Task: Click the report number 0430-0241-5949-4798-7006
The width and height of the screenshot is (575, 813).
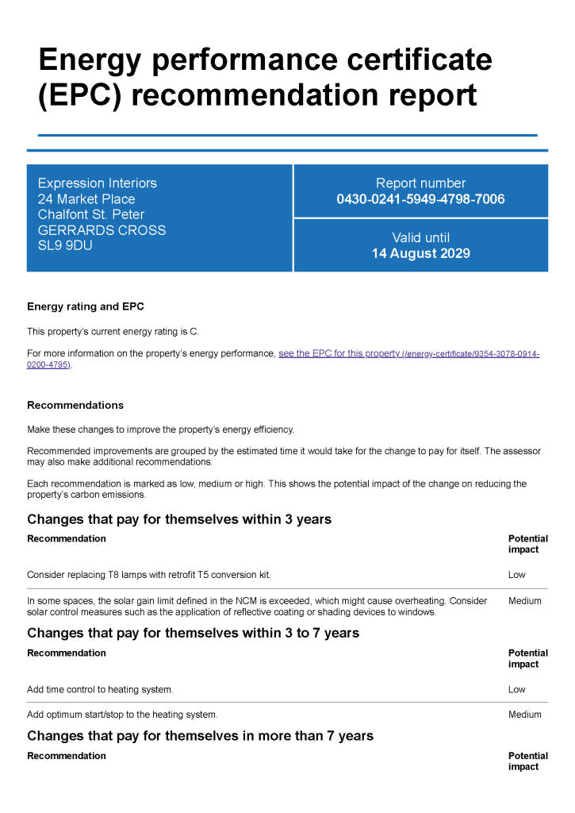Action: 420,199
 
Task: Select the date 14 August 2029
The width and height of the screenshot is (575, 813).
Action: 420,254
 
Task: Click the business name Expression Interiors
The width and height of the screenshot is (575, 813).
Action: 98,183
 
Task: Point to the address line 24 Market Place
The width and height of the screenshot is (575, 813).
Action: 86,199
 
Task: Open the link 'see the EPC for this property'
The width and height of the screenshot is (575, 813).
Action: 339,354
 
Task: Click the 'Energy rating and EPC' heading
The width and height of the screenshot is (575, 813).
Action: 86,306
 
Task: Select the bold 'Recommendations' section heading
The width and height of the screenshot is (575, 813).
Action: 75,405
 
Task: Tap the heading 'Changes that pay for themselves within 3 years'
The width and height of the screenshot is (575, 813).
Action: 179,519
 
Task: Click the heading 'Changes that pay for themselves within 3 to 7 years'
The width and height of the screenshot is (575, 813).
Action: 193,633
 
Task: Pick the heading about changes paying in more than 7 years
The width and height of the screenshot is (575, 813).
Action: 200,736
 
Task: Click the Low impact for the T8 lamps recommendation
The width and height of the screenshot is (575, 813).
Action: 517,575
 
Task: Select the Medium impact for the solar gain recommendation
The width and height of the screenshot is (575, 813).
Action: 525,601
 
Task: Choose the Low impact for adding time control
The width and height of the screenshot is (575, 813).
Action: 517,690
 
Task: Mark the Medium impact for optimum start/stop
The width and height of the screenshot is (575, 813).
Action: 525,715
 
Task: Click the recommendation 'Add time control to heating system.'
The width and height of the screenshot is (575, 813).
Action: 100,690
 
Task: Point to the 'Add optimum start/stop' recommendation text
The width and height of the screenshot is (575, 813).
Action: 122,715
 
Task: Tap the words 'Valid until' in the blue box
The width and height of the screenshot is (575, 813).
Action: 420,237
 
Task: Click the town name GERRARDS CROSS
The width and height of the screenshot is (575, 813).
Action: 102,230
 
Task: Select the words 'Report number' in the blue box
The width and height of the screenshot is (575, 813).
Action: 420,183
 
